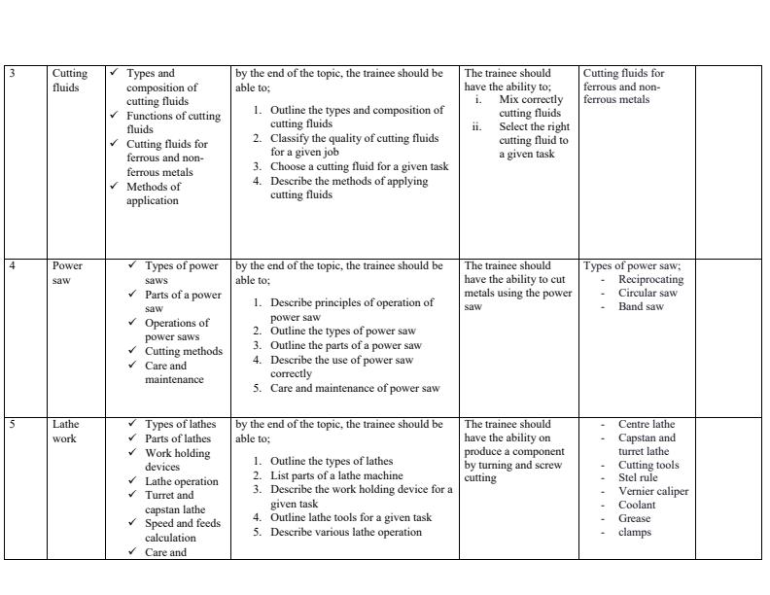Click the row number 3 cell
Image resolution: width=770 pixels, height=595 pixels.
click(12, 74)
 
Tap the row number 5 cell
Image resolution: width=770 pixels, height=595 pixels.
click(12, 425)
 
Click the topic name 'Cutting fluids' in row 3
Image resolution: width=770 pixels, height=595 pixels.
click(69, 80)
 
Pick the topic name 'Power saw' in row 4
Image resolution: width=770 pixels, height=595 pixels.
click(67, 272)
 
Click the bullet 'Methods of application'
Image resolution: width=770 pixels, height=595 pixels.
click(154, 193)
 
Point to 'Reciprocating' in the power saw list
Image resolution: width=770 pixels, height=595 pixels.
click(650, 280)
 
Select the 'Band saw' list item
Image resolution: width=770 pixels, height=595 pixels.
click(641, 307)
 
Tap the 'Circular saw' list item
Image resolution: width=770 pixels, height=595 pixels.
click(647, 294)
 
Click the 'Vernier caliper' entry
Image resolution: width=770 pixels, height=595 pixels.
click(653, 492)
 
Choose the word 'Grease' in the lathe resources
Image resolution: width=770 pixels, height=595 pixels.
click(635, 519)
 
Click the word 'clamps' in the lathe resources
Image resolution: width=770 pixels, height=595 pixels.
click(635, 533)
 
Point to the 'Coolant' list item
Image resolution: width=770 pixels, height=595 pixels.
click(637, 506)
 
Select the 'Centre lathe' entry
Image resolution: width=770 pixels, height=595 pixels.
click(647, 425)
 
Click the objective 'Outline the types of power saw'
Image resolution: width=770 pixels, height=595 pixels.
click(342, 331)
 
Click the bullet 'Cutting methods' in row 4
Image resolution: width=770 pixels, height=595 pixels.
click(184, 352)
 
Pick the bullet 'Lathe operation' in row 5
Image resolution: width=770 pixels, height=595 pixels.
click(182, 481)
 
